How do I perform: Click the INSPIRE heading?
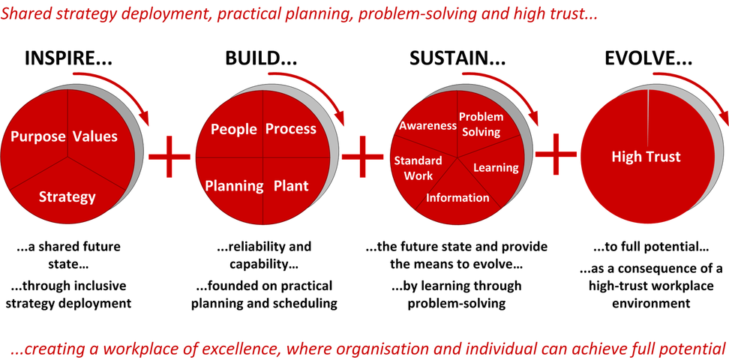click(x=68, y=58)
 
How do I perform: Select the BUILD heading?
click(x=261, y=58)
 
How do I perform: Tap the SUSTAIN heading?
click(x=456, y=58)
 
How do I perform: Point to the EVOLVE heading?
click(x=648, y=58)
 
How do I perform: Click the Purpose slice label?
click(x=38, y=136)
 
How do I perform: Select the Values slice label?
click(x=95, y=136)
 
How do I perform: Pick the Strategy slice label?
click(x=67, y=197)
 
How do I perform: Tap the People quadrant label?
click(x=234, y=129)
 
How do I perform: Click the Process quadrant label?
click(x=290, y=129)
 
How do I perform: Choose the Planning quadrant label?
click(x=234, y=186)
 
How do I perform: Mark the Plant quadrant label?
click(x=290, y=186)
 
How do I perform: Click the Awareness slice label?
click(x=427, y=125)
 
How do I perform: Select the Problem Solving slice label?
click(x=481, y=124)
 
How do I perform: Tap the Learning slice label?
click(x=496, y=167)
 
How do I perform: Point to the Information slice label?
click(x=457, y=198)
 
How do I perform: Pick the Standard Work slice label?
click(x=418, y=168)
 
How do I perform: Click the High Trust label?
click(x=646, y=156)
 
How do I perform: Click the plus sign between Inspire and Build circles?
click(x=169, y=156)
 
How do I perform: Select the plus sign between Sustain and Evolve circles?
click(x=556, y=154)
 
